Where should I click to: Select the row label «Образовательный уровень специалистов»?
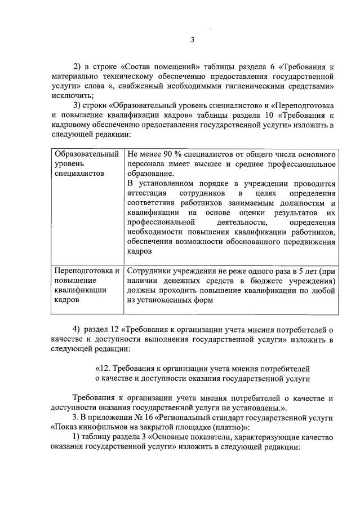pos(86,163)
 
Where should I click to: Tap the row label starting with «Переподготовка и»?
pos(86,271)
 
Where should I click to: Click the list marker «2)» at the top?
pos(78,65)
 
